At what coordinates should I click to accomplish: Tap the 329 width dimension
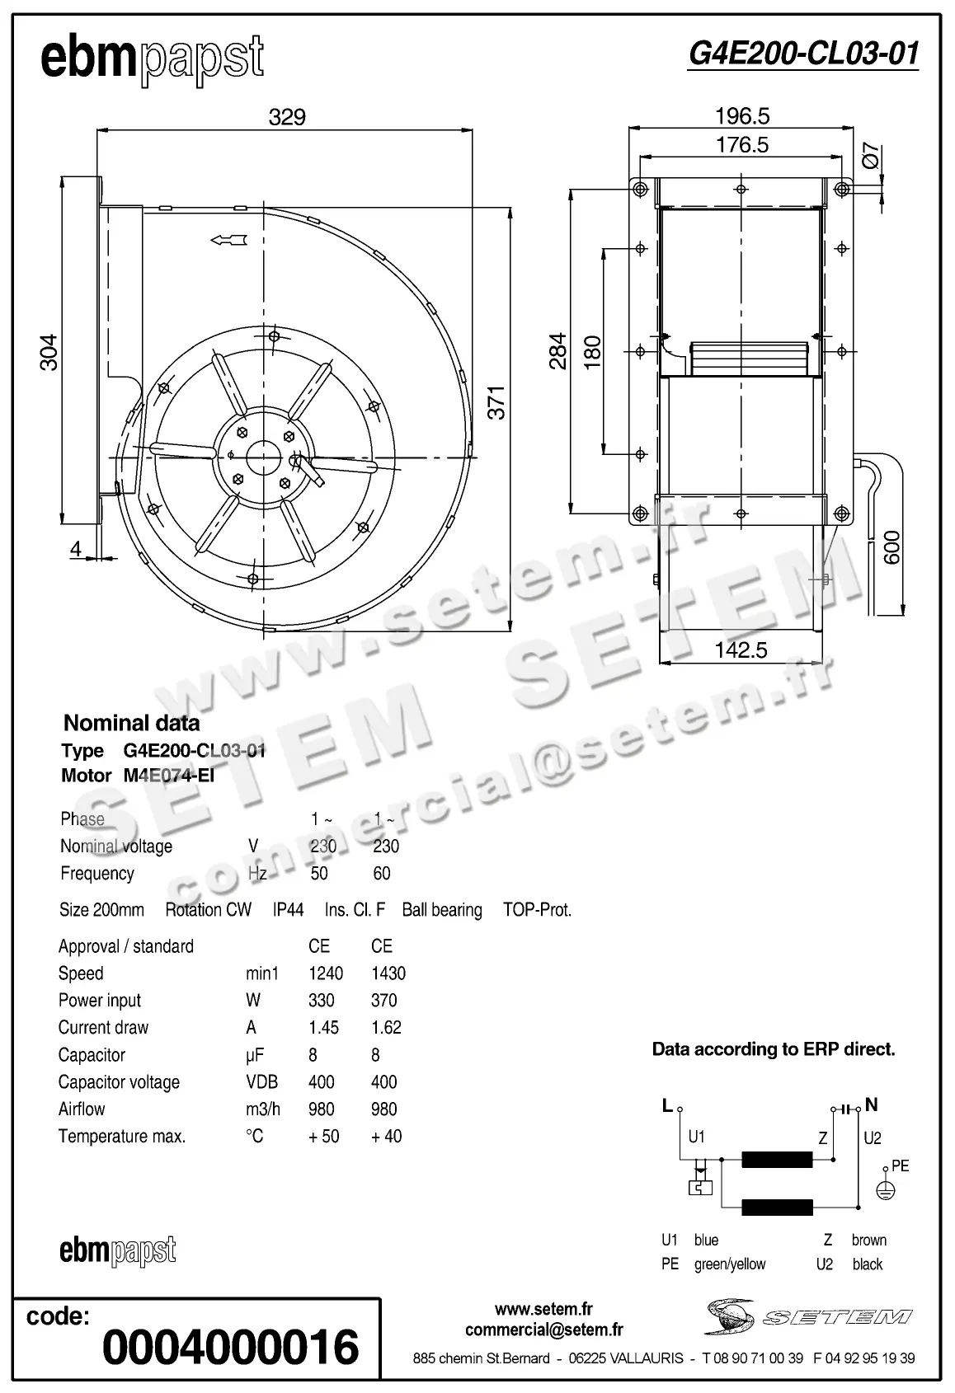coord(287,117)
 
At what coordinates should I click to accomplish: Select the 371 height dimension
coord(496,402)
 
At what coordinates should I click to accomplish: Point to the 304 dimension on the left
coord(50,352)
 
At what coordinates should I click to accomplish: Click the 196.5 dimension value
coord(742,116)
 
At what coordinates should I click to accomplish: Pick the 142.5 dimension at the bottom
coord(741,650)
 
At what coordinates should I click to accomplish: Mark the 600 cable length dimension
coord(891,547)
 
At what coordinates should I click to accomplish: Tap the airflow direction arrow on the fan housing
coord(228,240)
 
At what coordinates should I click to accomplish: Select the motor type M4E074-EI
coord(169,776)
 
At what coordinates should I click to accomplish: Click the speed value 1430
coord(388,973)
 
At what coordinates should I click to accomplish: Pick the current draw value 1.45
coord(323,1028)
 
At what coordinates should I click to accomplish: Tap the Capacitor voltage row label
coord(119,1082)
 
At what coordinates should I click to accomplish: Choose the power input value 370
coord(384,1001)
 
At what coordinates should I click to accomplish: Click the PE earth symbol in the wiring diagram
coord(885,1190)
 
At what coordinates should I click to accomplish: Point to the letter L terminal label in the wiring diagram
coord(667,1106)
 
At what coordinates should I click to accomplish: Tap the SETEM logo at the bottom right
coord(808,1316)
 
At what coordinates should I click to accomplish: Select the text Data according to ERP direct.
coord(773,1049)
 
